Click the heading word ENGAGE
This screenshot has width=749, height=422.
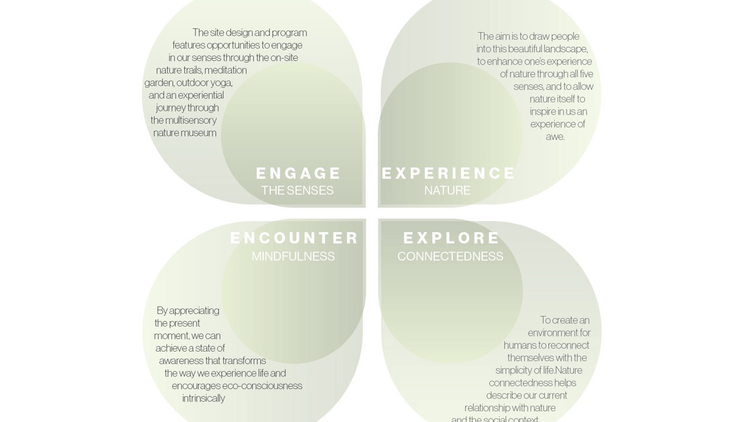[298, 173]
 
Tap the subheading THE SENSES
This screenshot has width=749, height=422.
[297, 190]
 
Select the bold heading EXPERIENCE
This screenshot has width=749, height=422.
[448, 173]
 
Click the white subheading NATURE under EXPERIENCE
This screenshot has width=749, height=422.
[447, 190]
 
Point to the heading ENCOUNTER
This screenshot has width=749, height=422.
[294, 238]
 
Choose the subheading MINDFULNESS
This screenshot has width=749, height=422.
[293, 256]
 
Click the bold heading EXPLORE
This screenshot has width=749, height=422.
[452, 238]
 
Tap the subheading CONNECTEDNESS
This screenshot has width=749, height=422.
[450, 256]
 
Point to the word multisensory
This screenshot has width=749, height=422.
[191, 120]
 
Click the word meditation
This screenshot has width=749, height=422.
[225, 70]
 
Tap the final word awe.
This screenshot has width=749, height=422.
[554, 137]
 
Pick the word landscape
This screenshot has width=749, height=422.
[565, 49]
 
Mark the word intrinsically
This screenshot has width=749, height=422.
[204, 399]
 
